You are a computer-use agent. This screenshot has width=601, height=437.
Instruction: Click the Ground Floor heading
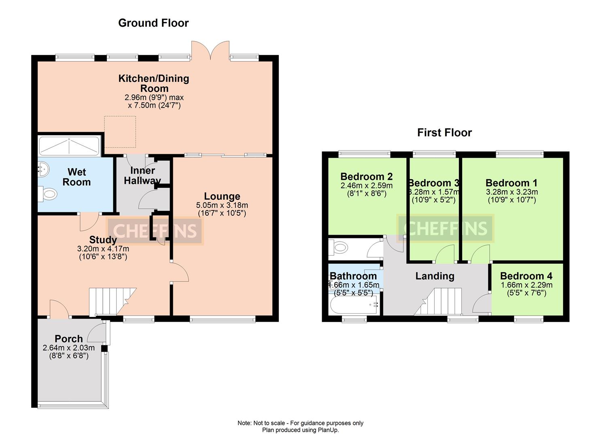tap(153, 23)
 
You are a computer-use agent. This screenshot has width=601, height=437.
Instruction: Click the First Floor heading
tap(444, 133)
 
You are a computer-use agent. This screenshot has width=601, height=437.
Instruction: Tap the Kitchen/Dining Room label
tap(153, 83)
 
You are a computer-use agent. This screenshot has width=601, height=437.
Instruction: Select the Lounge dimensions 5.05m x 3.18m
tap(222, 206)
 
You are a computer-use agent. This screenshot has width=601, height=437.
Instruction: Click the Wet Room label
tap(76, 177)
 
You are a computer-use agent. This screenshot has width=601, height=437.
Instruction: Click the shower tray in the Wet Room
tap(69, 146)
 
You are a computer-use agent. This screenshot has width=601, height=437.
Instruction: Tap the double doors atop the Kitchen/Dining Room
tap(210, 51)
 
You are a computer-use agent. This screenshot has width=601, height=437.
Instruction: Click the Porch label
tap(68, 339)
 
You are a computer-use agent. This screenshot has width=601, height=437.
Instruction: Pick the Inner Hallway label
tap(142, 176)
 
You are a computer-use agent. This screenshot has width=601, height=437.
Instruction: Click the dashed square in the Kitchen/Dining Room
tap(120, 132)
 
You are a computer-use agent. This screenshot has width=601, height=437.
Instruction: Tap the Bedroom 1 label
tap(512, 183)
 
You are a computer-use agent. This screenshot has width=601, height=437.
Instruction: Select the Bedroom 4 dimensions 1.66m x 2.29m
tap(526, 285)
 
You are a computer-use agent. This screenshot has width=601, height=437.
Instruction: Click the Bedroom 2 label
tap(366, 176)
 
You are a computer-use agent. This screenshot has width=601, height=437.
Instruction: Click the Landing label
tap(435, 276)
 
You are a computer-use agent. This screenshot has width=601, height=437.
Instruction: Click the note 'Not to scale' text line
tap(300, 423)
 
